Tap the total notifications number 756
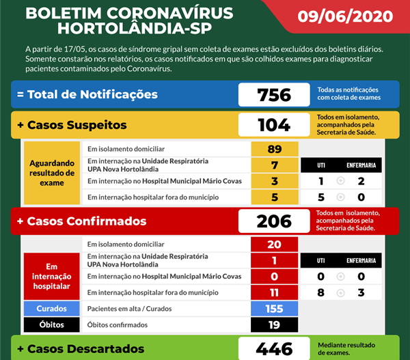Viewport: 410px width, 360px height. click(274, 94)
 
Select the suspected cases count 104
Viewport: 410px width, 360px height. click(274, 125)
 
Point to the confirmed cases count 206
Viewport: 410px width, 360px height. click(274, 221)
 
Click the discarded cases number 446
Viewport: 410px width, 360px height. click(274, 348)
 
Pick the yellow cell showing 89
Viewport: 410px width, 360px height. click(275, 149)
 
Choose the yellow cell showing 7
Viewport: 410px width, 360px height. click(275, 165)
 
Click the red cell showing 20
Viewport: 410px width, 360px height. click(275, 245)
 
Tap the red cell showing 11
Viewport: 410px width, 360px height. click(275, 292)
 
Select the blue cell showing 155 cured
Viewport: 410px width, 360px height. click(275, 309)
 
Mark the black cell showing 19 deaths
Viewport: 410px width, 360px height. click(275, 325)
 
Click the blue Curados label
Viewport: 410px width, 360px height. click(52, 309)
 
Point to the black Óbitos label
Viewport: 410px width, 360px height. click(52, 325)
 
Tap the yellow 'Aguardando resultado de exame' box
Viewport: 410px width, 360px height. click(52, 174)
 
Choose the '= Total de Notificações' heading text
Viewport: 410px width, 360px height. click(87, 94)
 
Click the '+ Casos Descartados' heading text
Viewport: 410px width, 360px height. click(81, 348)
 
